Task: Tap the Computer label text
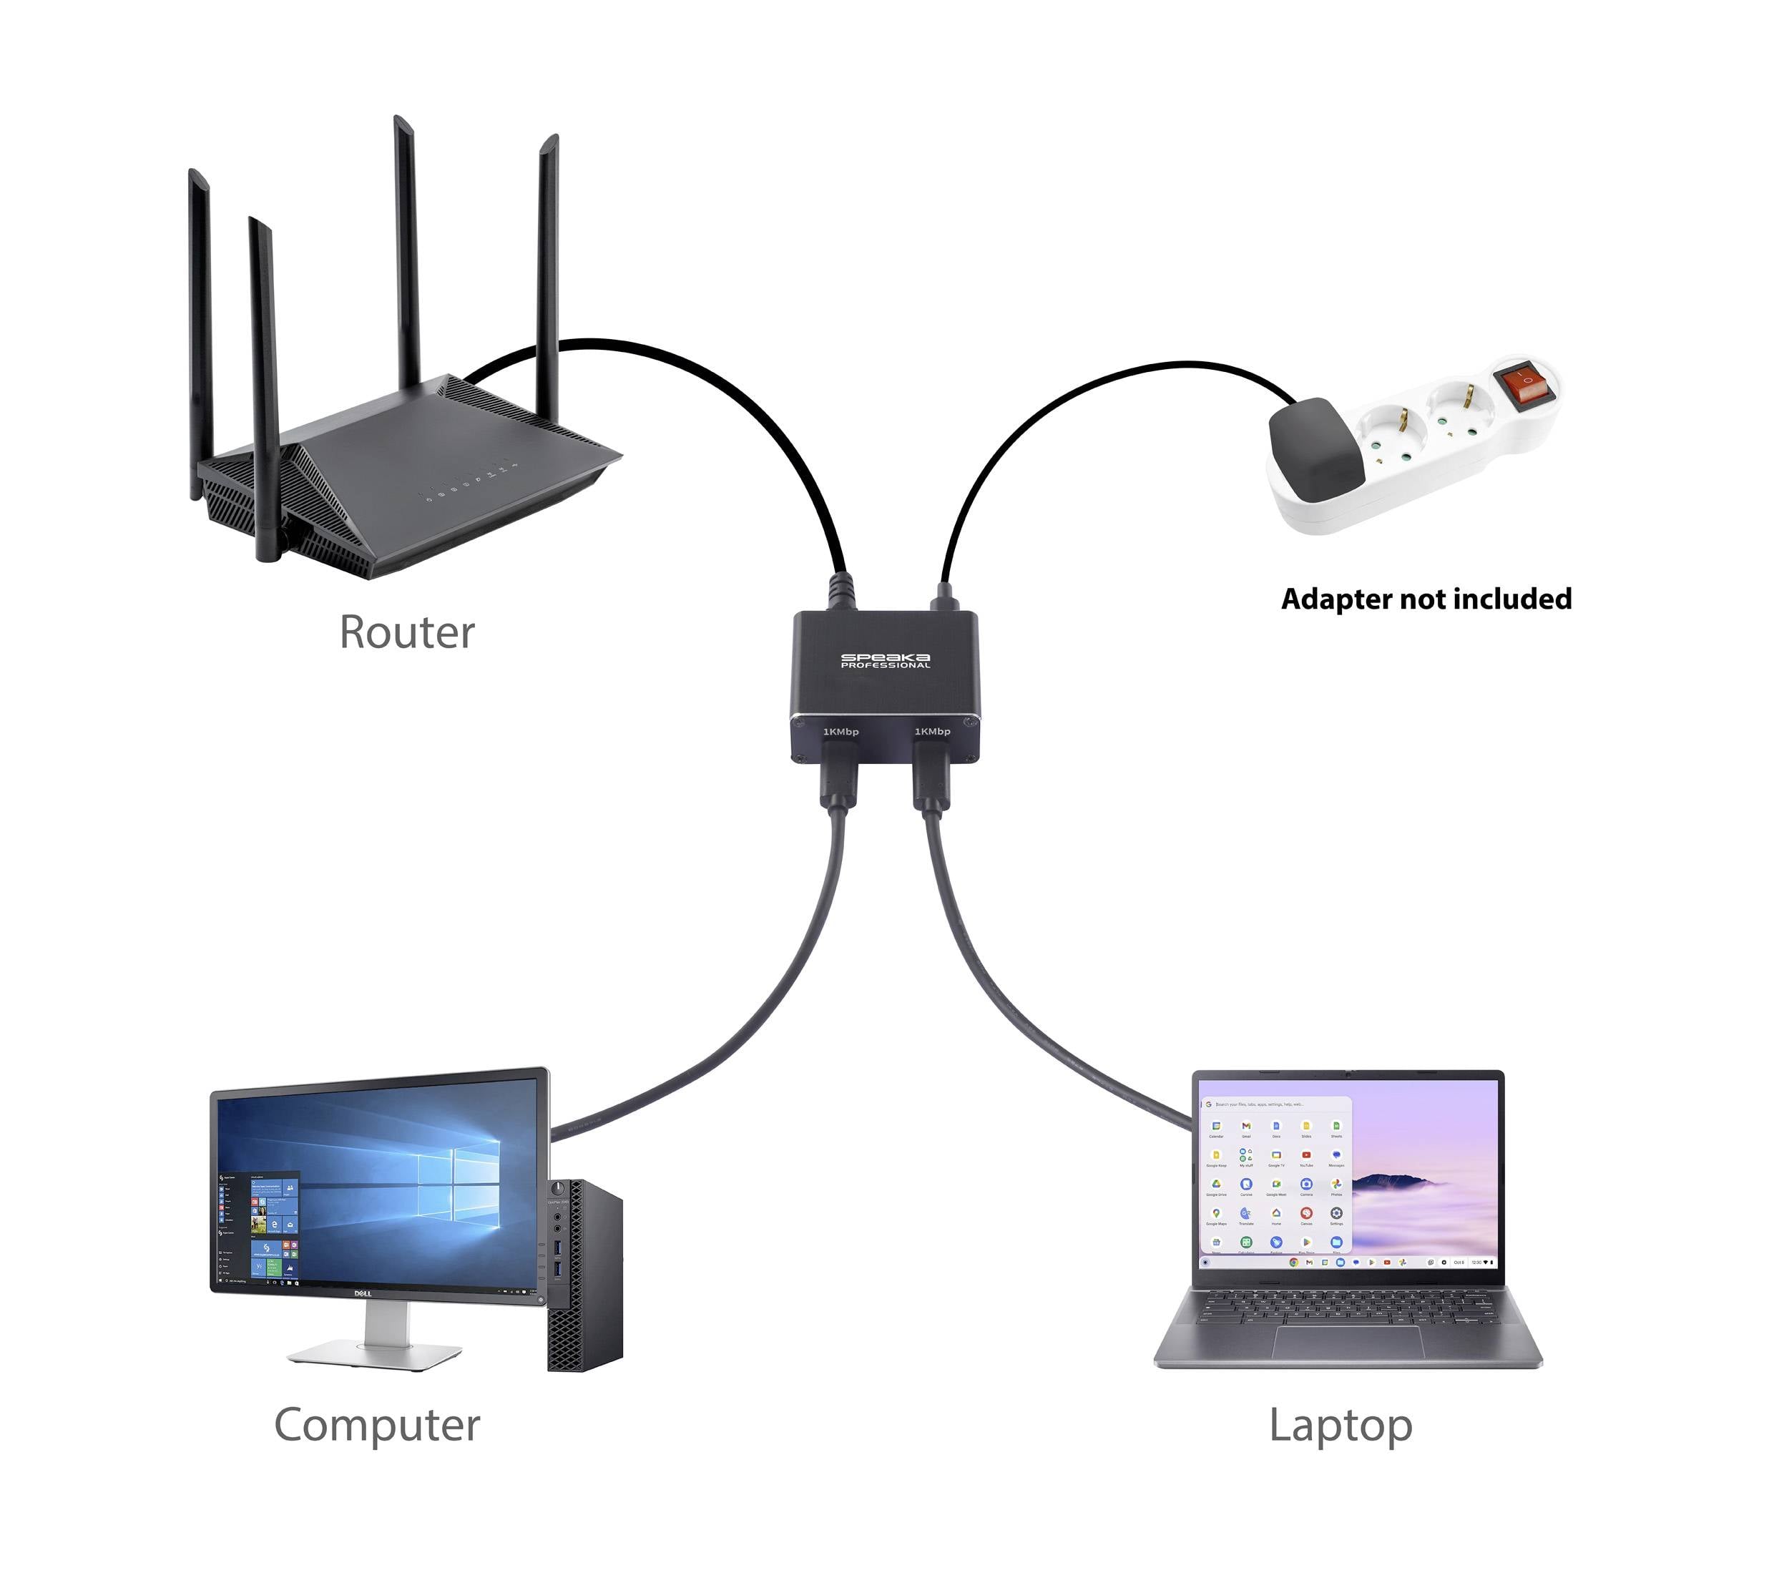pyautogui.click(x=376, y=1425)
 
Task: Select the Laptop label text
pyautogui.click(x=1340, y=1425)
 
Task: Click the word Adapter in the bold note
pyautogui.click(x=1336, y=599)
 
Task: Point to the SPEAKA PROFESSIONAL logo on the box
pyautogui.click(x=885, y=661)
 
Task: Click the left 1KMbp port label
pyautogui.click(x=841, y=731)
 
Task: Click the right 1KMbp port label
pyautogui.click(x=932, y=731)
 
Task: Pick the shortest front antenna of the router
pyautogui.click(x=264, y=385)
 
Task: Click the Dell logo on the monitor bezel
pyautogui.click(x=363, y=1294)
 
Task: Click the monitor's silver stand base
pyautogui.click(x=375, y=1355)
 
